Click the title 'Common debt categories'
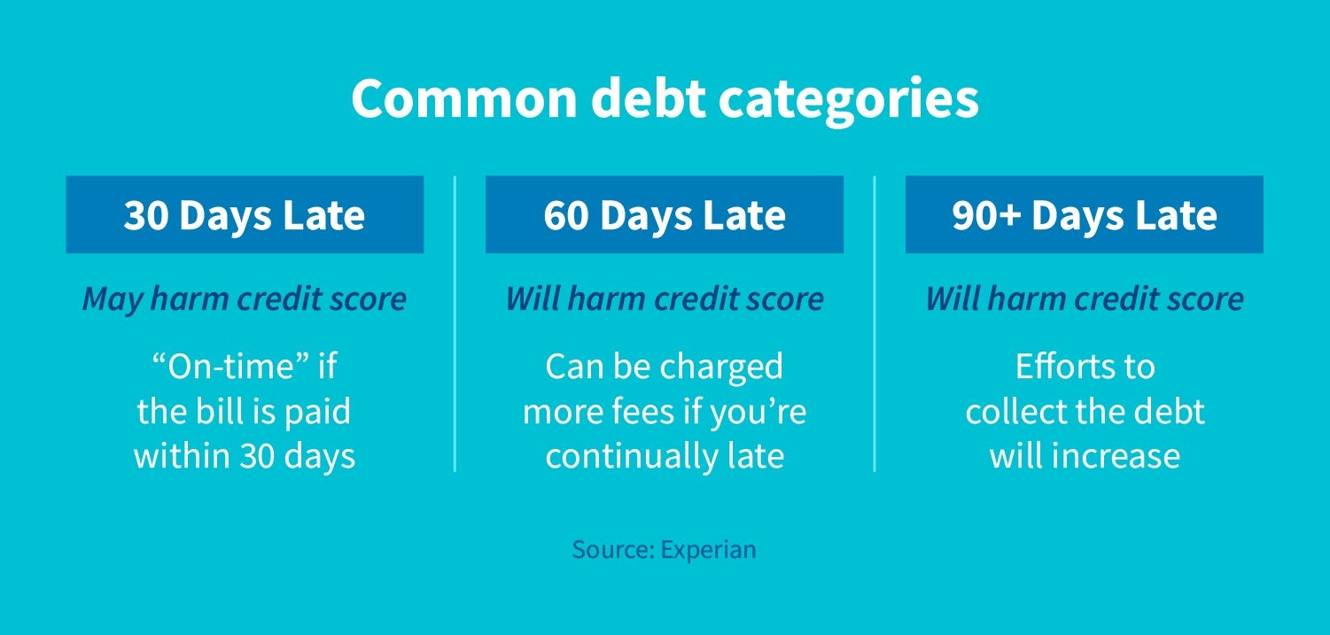point(665,100)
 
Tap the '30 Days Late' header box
point(245,215)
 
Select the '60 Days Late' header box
point(665,215)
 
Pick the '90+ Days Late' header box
point(1084,215)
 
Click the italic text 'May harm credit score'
point(245,299)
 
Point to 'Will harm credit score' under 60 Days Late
point(665,299)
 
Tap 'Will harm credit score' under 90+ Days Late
point(1084,299)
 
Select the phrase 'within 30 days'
point(245,456)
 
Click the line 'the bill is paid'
point(245,412)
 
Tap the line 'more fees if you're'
point(665,412)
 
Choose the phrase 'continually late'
point(665,456)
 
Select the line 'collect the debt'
point(1084,412)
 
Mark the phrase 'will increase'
point(1084,456)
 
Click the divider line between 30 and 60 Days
point(455,323)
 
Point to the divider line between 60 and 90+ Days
point(875,323)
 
